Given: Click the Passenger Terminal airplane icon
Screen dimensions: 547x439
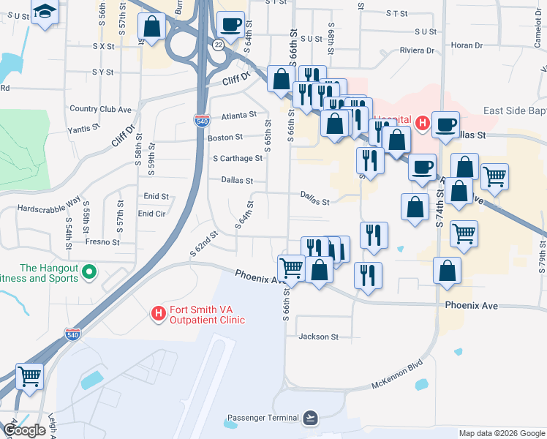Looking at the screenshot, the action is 312,418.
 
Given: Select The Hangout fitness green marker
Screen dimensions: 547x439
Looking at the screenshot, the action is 89,273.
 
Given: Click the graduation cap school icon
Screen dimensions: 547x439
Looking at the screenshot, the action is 45,12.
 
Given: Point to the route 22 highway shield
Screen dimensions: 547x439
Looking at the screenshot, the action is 218,45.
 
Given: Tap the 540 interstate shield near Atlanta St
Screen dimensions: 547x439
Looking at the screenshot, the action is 202,119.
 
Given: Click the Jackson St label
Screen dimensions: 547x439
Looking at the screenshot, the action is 318,337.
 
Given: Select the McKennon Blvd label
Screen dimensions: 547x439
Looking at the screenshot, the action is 397,374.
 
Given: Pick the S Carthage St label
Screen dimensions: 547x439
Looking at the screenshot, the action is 237,158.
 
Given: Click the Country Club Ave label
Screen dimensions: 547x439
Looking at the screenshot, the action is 100,109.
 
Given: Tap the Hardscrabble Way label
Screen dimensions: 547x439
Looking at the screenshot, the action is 49,207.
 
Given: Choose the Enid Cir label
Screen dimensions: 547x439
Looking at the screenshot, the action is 152,214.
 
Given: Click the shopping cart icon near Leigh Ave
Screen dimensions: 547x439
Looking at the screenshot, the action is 30,377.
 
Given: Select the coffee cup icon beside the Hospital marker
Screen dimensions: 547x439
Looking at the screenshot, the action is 445,124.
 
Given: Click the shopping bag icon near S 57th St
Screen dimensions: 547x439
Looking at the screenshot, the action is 151,27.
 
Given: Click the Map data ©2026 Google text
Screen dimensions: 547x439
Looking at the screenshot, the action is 501,433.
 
